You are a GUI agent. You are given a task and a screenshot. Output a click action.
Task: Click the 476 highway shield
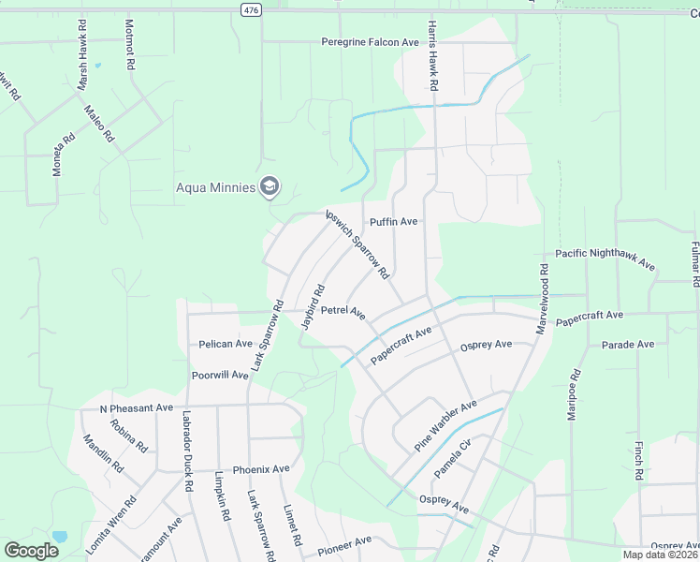248,8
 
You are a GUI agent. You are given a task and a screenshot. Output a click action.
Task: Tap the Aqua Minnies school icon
270,186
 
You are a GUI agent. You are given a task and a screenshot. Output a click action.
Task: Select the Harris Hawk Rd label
433,55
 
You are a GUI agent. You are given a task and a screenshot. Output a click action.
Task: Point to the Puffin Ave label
393,222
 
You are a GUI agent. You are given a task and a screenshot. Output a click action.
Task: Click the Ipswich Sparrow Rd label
357,244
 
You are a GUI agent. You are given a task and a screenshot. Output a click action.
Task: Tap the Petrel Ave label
343,310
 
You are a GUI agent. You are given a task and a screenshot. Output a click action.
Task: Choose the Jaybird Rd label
313,305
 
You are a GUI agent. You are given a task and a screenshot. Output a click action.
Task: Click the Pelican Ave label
226,344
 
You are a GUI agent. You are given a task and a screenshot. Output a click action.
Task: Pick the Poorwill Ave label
220,375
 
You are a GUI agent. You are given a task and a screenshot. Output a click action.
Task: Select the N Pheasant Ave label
137,408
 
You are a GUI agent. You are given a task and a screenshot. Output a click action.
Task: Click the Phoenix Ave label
261,469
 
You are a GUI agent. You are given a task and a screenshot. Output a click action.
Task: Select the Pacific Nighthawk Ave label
605,259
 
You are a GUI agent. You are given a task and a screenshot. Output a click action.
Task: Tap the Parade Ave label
628,345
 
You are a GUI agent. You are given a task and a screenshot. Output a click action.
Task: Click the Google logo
31,551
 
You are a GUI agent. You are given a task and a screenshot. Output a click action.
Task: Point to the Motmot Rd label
129,50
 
